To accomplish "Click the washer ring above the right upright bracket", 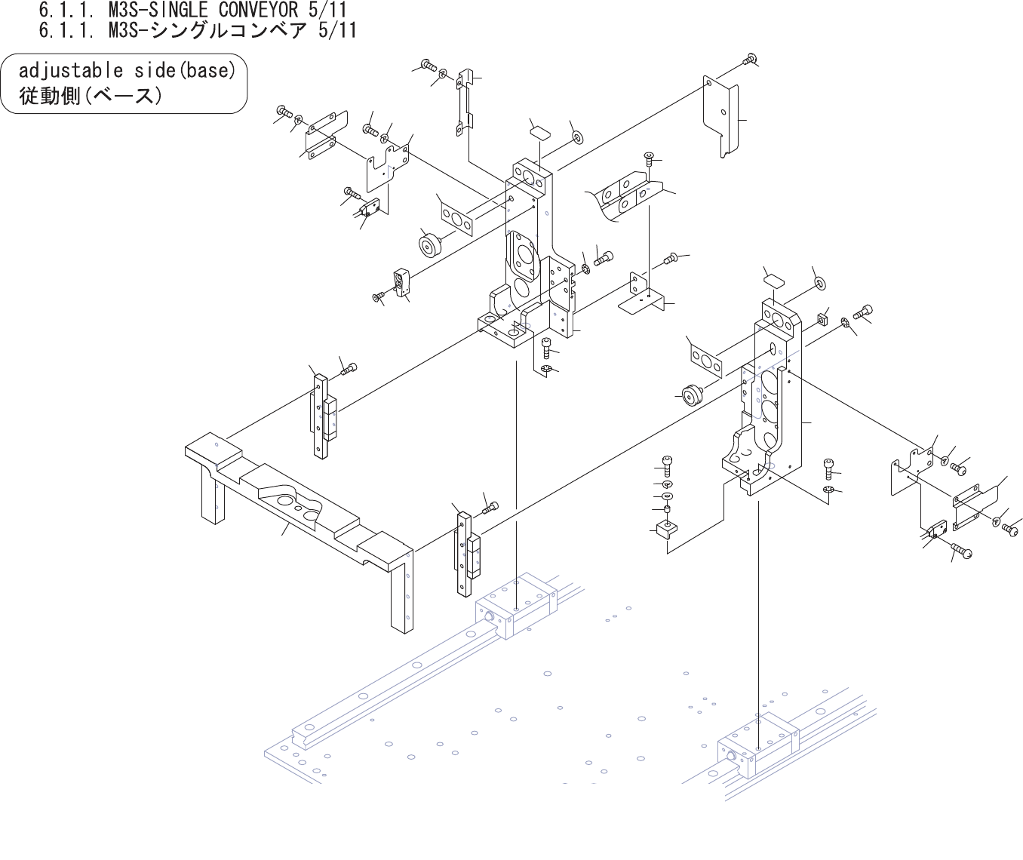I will tap(819, 282).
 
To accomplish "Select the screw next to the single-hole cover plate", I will tap(750, 59).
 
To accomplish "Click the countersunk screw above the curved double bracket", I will tap(648, 159).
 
